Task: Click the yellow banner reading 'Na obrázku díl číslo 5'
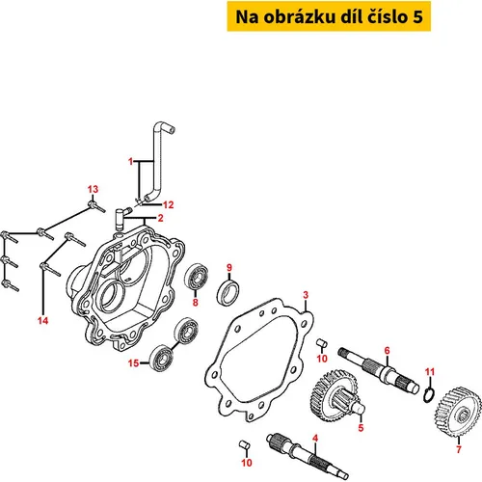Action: tap(329, 16)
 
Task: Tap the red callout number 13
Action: tap(93, 189)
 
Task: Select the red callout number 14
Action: tap(42, 320)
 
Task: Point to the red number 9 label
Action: tap(229, 267)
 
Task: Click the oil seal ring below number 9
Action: tap(228, 292)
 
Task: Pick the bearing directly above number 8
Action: tap(196, 277)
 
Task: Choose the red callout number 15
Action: tap(133, 363)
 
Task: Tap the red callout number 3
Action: tap(306, 295)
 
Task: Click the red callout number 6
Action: tap(387, 350)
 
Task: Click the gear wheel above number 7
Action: tap(458, 412)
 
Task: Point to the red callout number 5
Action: tap(361, 428)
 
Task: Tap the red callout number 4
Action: tap(315, 438)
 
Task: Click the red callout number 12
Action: tap(168, 204)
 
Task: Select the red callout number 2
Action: tap(161, 218)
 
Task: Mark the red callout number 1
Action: tap(130, 161)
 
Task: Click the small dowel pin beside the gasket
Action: tap(322, 343)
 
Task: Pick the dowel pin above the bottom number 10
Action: tap(245, 444)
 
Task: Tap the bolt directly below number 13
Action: tap(96, 206)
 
